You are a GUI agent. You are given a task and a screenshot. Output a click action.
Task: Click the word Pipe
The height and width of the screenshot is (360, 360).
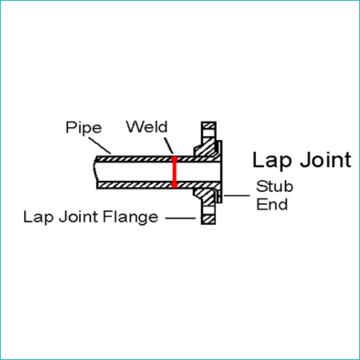(x=84, y=128)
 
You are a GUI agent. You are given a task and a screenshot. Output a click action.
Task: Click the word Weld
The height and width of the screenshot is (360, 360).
(x=146, y=126)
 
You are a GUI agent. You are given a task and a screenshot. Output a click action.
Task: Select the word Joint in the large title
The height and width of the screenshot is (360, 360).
(x=326, y=159)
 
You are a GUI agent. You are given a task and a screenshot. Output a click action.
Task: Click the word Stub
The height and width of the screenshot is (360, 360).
(x=274, y=186)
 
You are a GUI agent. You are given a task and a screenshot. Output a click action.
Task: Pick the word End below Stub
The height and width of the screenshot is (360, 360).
(x=272, y=204)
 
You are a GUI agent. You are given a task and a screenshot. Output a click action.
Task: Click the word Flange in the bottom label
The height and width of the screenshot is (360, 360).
(x=130, y=218)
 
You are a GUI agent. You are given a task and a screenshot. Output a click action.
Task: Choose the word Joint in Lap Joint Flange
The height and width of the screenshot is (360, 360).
(x=78, y=216)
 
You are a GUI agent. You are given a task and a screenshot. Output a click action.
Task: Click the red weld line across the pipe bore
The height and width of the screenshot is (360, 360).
(x=174, y=172)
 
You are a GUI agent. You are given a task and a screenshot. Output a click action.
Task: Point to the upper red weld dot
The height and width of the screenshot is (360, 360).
(x=174, y=159)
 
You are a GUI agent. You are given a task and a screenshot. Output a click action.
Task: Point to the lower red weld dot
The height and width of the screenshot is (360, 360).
(x=174, y=185)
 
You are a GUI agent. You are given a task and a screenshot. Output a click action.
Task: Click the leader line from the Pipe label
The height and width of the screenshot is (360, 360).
(x=99, y=146)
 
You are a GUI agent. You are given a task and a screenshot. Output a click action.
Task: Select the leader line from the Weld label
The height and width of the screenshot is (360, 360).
(x=169, y=146)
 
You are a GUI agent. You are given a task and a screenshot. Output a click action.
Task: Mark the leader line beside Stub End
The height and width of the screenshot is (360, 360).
(x=237, y=195)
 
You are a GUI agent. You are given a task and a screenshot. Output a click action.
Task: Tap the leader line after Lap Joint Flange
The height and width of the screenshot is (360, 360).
(x=181, y=218)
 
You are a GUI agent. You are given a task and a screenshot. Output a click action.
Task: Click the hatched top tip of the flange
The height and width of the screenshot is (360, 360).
(x=209, y=126)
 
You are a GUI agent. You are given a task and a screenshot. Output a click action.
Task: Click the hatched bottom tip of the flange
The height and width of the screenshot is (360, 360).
(x=208, y=219)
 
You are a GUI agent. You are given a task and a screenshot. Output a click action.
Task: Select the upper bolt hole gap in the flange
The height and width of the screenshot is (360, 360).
(x=209, y=134)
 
